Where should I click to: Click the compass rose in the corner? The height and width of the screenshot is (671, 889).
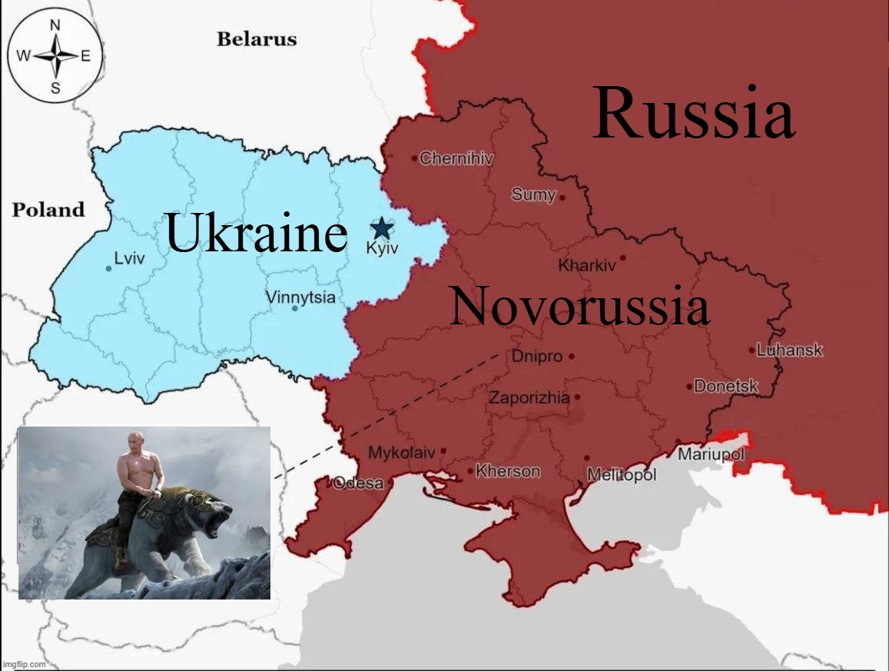coord(55,55)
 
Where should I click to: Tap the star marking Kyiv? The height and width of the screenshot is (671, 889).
coord(382,228)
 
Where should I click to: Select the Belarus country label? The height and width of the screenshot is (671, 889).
coord(257,38)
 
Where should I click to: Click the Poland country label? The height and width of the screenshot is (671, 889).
coord(48,209)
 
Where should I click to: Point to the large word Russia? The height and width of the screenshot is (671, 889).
coord(693,114)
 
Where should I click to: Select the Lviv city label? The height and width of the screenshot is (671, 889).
coord(128,259)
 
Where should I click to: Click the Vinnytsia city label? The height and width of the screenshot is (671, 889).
coord(300,297)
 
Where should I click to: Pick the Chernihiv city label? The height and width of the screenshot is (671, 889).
coord(456,158)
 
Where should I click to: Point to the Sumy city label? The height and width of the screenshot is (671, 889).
coord(533,194)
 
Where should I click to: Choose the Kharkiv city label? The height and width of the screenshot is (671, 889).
coord(587,266)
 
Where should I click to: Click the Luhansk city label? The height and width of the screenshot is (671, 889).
coord(789,350)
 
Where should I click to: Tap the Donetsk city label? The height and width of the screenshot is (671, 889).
coord(726,387)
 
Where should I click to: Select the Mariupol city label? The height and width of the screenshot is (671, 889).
coord(711,454)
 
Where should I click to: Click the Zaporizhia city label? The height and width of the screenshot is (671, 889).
coord(529,397)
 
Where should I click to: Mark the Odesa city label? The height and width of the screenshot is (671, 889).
coord(358,483)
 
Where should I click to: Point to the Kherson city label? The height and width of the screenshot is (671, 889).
coord(508,471)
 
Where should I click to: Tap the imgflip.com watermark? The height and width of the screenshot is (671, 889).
coord(24,664)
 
